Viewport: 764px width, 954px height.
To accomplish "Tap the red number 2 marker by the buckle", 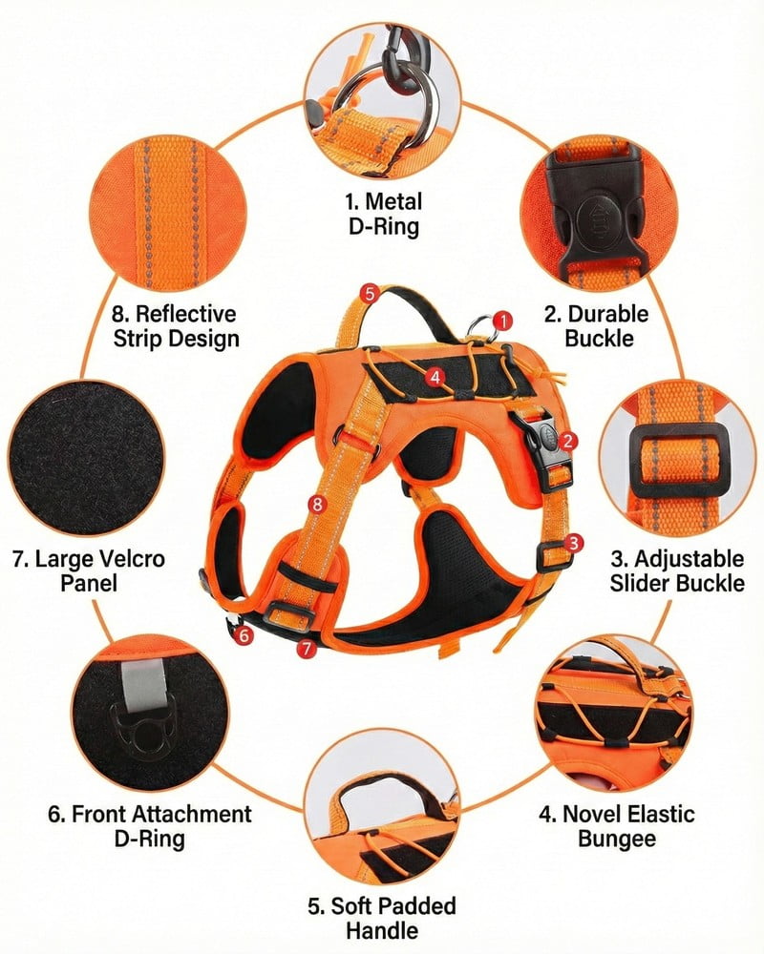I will (x=568, y=440).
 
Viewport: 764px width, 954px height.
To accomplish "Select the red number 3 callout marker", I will (x=573, y=543).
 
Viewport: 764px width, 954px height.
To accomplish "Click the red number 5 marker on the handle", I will (x=370, y=292).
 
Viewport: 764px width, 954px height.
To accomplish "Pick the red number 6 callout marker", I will (x=244, y=633).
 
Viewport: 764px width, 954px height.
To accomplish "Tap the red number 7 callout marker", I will (x=306, y=649).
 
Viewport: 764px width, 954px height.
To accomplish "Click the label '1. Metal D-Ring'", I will (x=382, y=214).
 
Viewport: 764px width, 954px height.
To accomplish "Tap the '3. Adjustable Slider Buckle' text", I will (x=676, y=570).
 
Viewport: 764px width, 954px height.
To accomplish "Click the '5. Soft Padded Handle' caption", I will (x=381, y=918).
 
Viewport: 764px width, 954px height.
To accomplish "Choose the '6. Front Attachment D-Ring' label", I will (x=150, y=826).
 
